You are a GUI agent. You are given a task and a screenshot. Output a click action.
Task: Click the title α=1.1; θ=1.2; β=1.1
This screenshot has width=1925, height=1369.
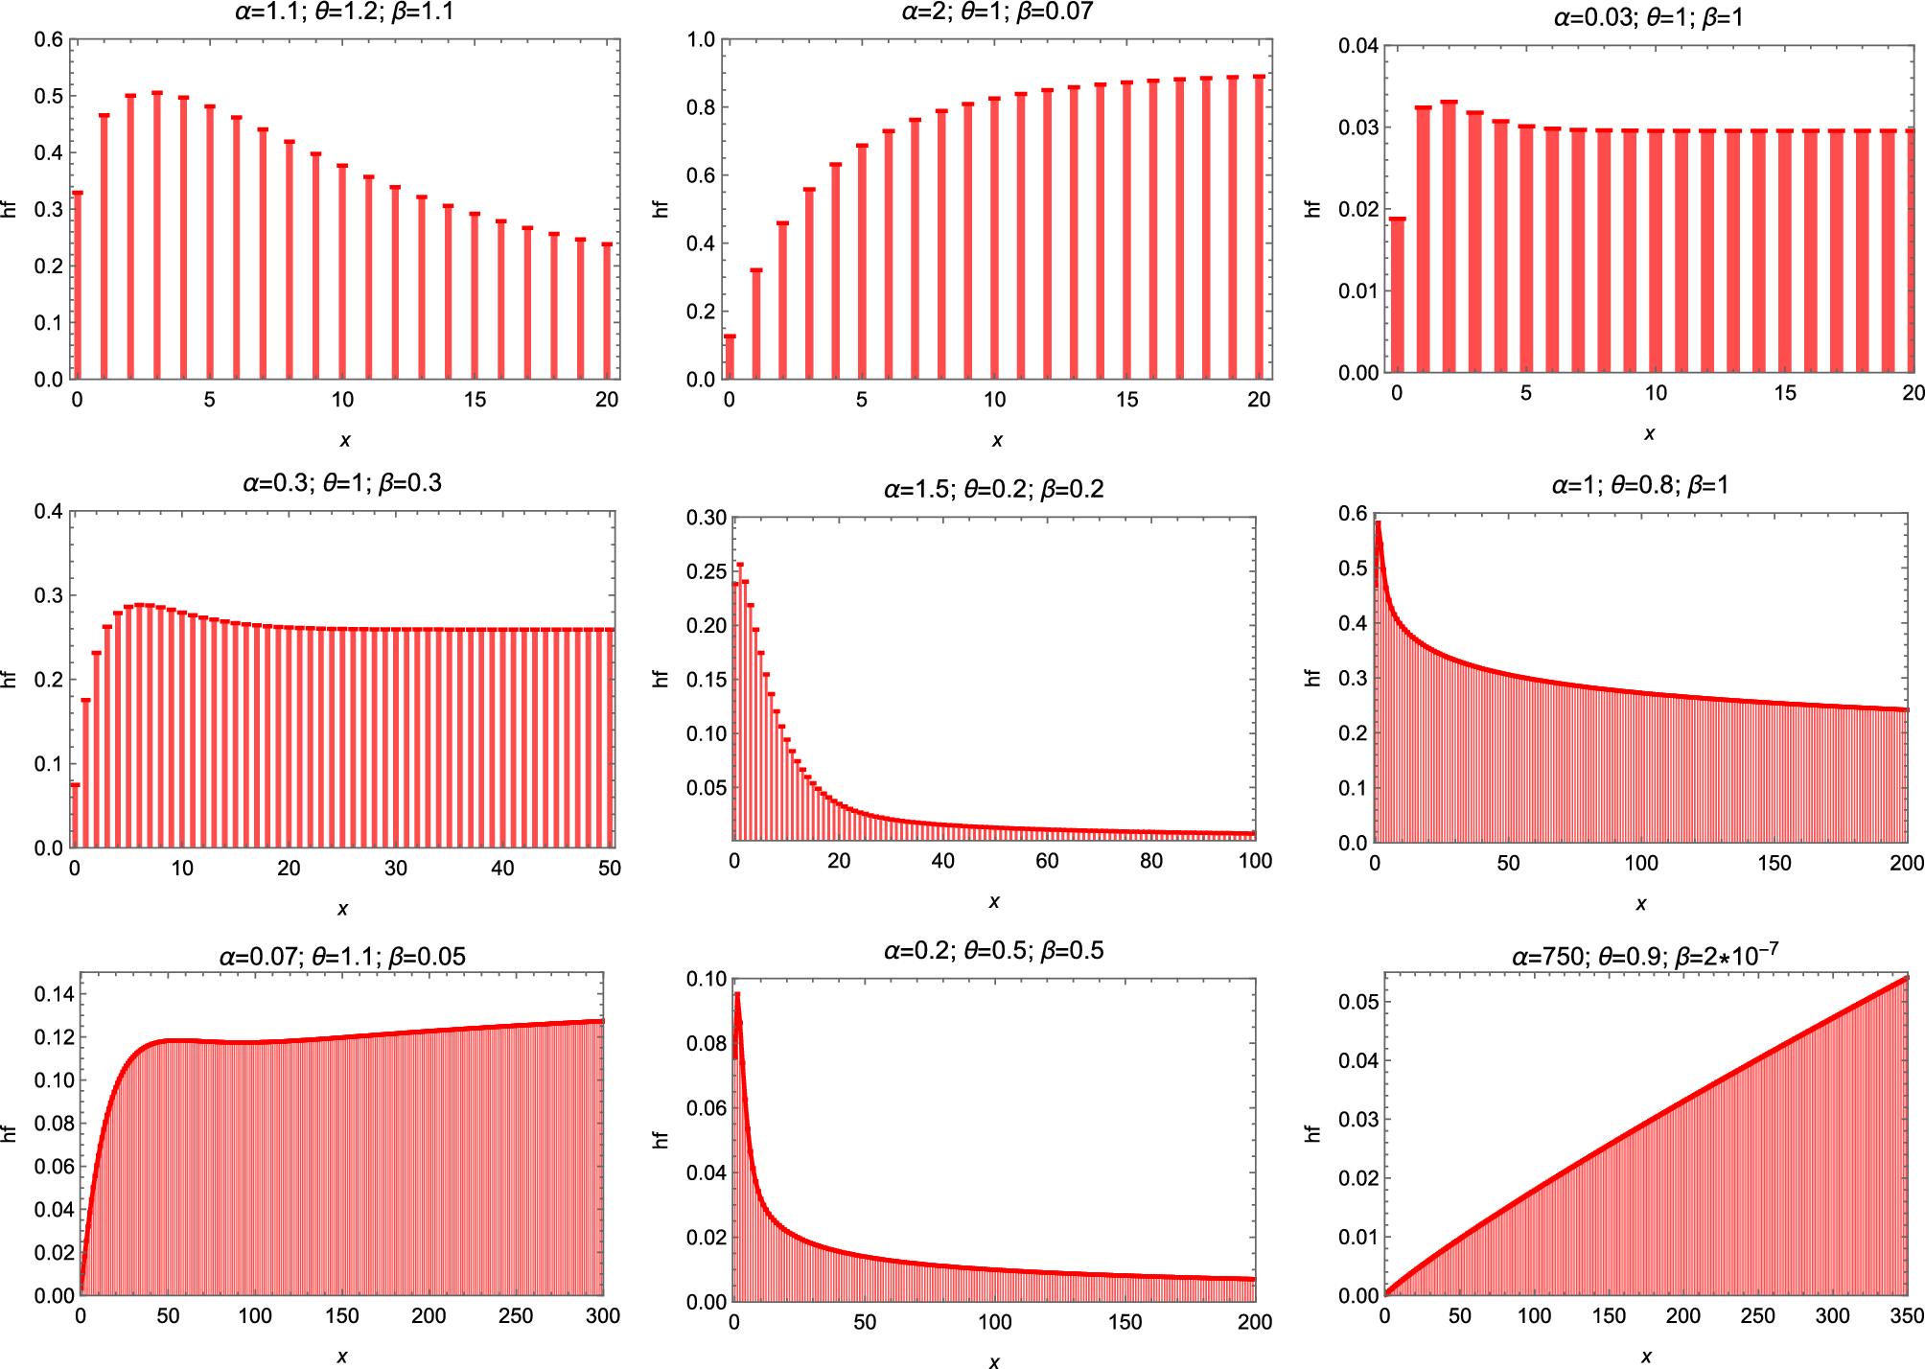click(344, 12)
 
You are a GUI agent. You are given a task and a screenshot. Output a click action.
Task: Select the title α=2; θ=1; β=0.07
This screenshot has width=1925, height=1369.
click(997, 12)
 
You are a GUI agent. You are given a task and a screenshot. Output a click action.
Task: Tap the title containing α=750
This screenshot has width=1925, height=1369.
click(1645, 956)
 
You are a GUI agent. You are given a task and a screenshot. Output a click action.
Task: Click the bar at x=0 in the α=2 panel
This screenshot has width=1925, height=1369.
click(730, 357)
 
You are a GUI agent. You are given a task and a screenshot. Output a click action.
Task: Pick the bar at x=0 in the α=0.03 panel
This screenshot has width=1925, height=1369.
click(1397, 295)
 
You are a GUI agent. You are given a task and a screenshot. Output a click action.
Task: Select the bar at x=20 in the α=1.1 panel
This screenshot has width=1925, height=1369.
click(607, 312)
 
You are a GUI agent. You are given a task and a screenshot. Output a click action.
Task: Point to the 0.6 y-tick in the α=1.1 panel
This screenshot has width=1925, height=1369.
click(49, 39)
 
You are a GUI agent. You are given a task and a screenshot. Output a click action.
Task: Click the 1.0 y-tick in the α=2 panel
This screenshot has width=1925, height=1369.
click(701, 39)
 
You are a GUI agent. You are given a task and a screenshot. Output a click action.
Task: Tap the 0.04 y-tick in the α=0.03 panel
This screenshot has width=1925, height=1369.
click(1358, 46)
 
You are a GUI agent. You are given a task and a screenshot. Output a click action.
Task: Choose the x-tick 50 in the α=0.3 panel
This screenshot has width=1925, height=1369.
click(610, 869)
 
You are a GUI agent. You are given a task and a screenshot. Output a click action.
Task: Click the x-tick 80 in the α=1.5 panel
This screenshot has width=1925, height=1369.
click(1151, 861)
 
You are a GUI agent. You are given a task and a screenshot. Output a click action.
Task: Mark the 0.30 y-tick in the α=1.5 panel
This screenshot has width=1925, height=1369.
click(707, 518)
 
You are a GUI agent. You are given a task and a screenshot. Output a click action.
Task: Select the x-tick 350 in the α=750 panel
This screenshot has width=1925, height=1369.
click(1907, 1315)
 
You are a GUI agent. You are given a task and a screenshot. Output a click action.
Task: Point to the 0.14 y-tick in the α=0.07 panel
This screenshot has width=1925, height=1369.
click(54, 994)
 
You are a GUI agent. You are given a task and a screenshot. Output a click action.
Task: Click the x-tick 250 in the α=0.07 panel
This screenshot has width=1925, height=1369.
click(516, 1315)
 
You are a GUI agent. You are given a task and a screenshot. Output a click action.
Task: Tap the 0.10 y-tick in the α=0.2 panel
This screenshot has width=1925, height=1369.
click(707, 979)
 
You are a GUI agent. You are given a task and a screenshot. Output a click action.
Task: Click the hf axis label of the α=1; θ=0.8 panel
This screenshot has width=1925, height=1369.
click(1312, 677)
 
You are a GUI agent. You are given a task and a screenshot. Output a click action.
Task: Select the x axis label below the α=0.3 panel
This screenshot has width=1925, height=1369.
click(342, 909)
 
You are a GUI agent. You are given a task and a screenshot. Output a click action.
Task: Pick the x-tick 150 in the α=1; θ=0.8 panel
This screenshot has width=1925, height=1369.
click(1774, 863)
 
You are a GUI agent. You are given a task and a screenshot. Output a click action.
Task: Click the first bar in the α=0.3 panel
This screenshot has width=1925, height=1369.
click(75, 816)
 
